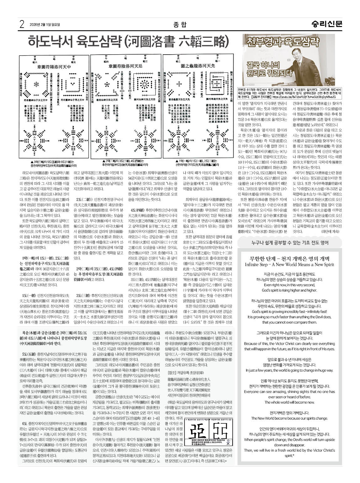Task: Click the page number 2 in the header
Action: (22, 24)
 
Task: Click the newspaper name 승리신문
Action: (327, 24)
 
